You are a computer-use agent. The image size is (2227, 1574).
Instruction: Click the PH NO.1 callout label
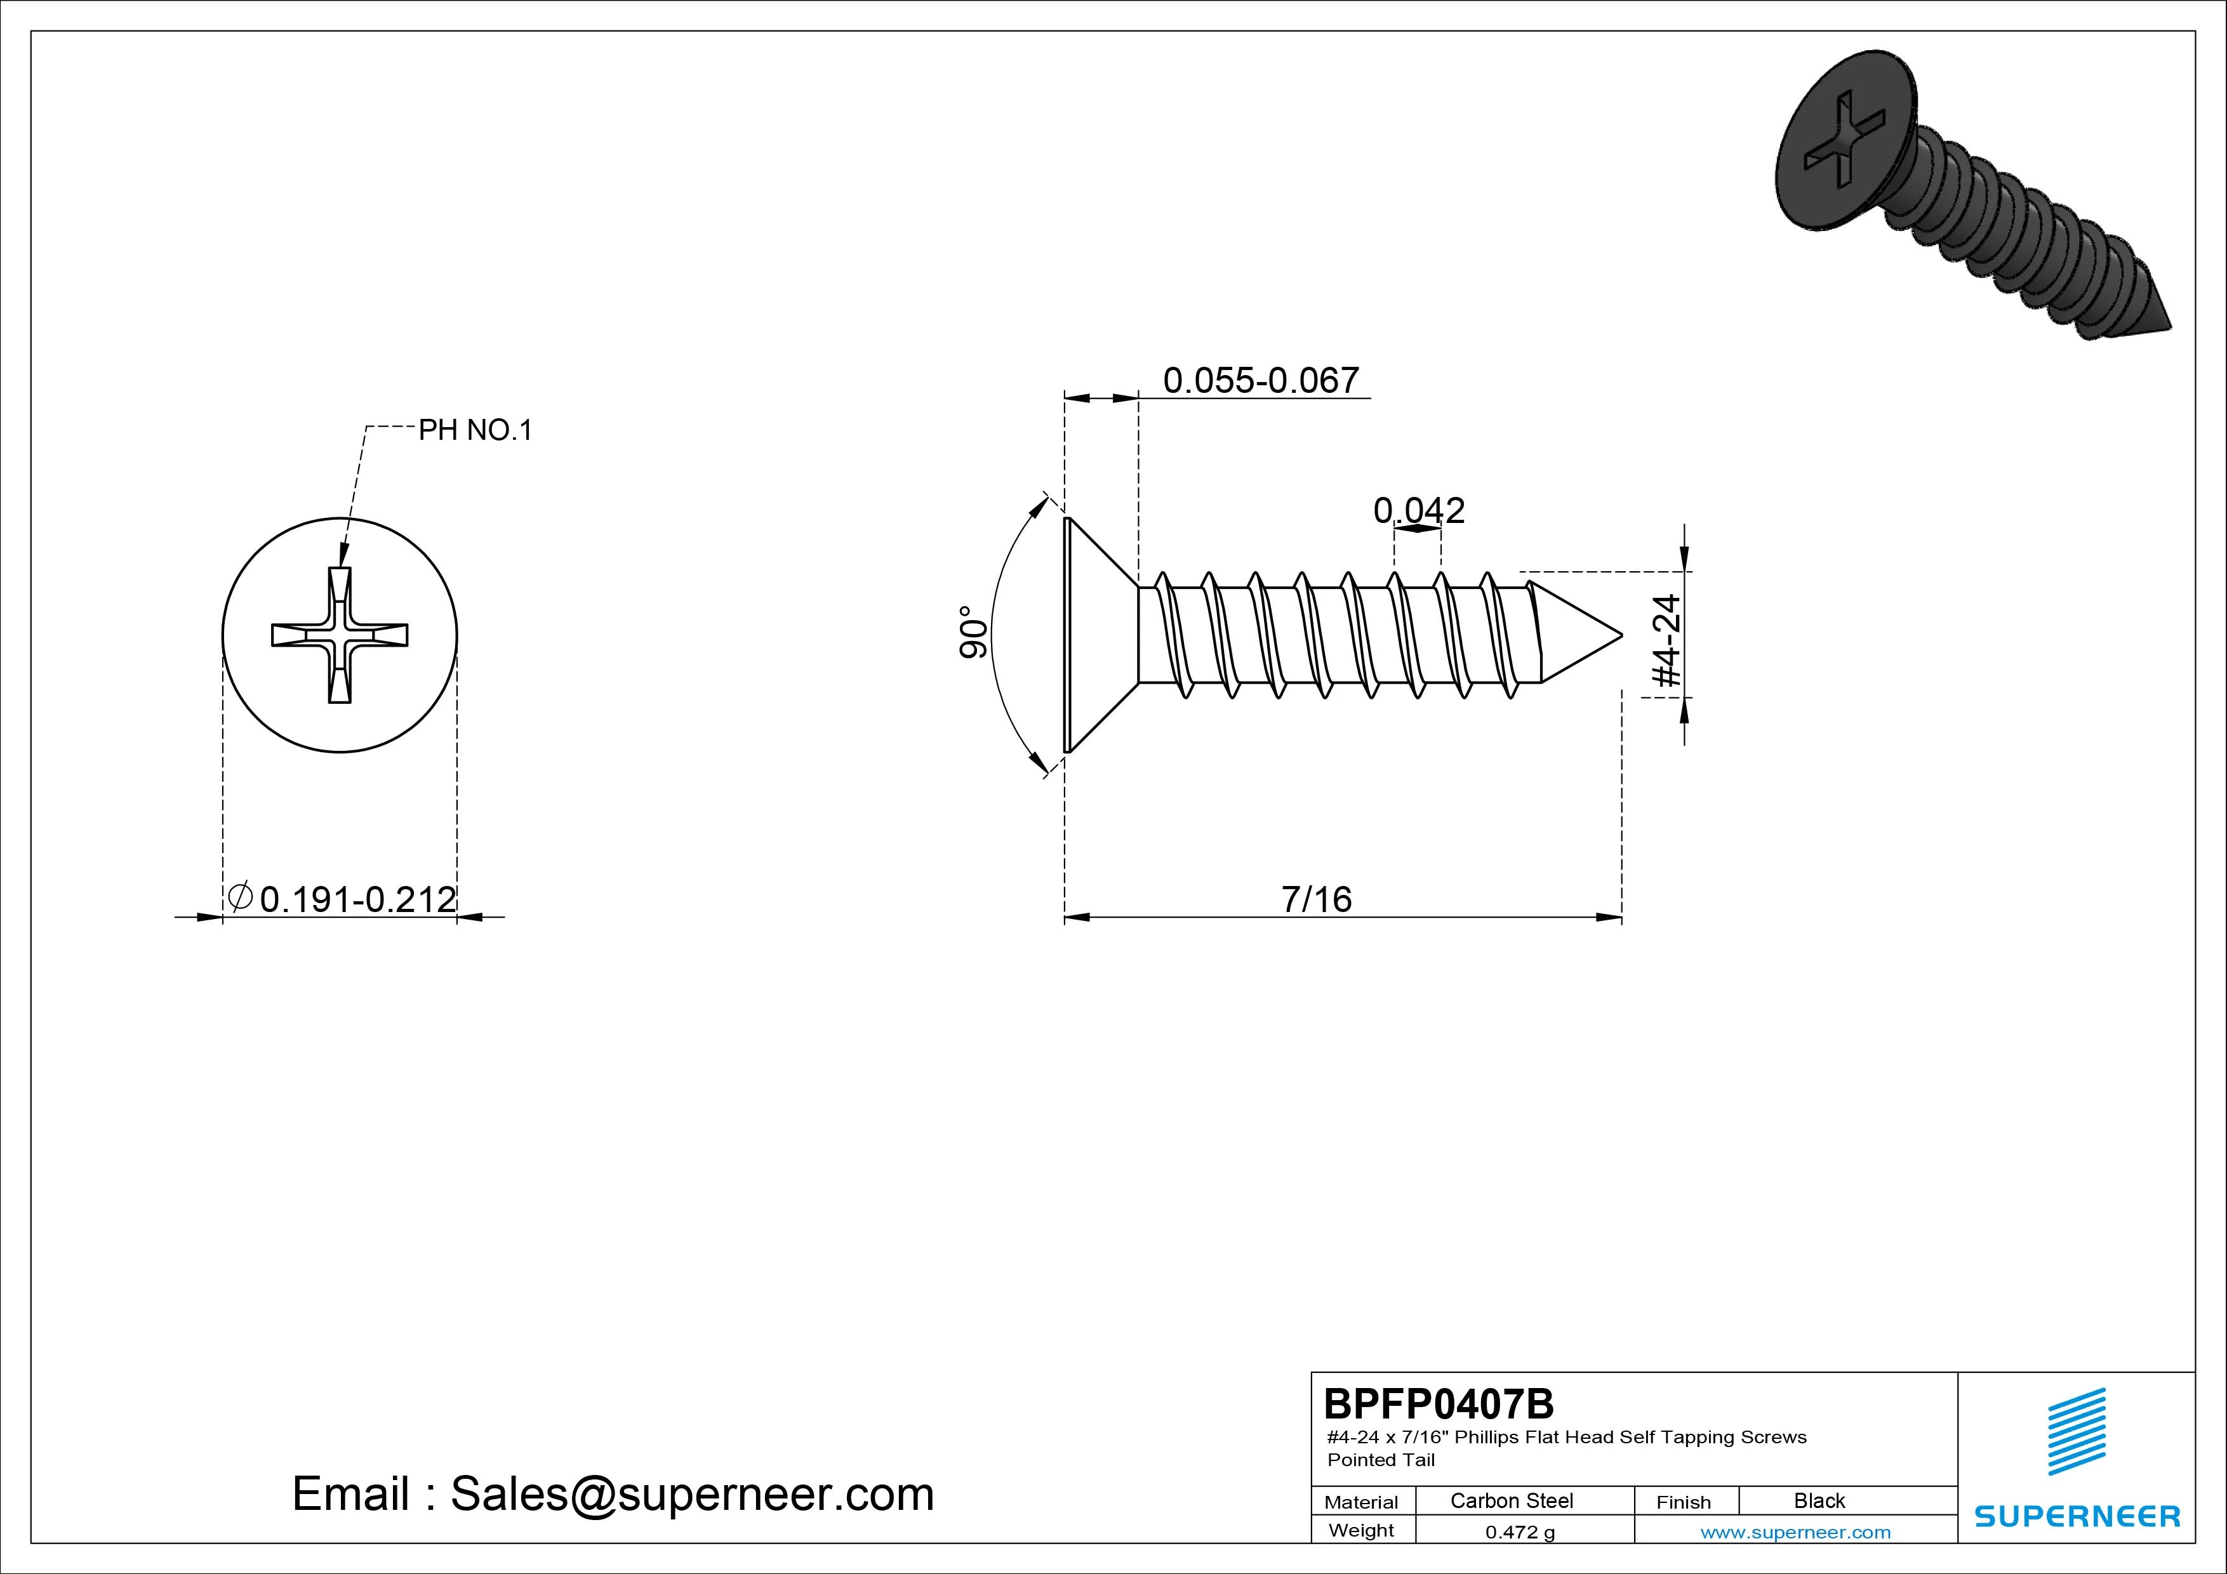pyautogui.click(x=475, y=430)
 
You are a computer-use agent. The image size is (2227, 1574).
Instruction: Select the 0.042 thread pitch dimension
pyautogui.click(x=1419, y=510)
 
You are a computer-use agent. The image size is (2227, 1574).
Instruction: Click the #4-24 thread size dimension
pyautogui.click(x=1666, y=641)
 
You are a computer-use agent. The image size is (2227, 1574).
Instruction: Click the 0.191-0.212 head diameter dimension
pyautogui.click(x=342, y=898)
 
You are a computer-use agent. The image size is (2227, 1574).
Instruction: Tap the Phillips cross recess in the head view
pyautogui.click(x=340, y=635)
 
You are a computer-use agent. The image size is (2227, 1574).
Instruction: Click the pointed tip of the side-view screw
pyautogui.click(x=1622, y=636)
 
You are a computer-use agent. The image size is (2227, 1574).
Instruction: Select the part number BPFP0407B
pyautogui.click(x=1439, y=1403)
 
